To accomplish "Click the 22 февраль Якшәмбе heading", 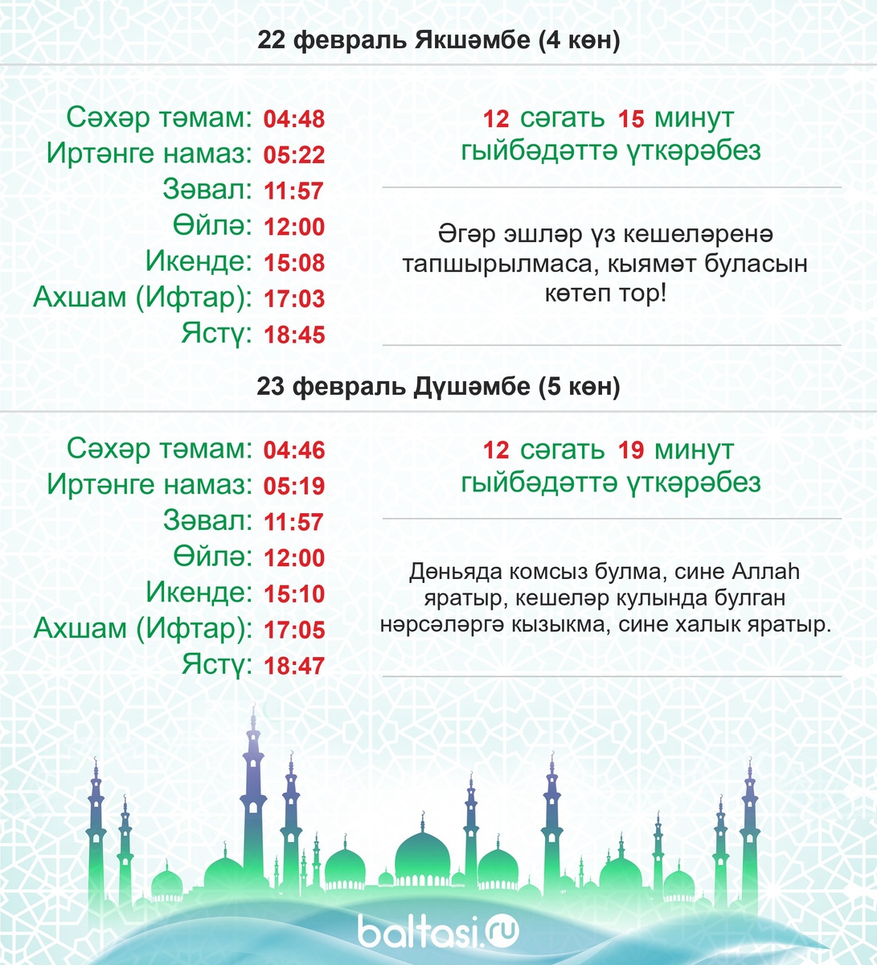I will [x=438, y=42].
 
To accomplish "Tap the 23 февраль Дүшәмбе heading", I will [x=438, y=387].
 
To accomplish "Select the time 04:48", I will [x=294, y=120].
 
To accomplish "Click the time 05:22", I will [x=294, y=155].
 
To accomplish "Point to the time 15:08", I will [x=294, y=263].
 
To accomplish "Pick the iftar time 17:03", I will [x=294, y=299].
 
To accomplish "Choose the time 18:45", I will [x=294, y=335].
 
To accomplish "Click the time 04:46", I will [x=294, y=450].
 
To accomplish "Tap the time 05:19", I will [x=294, y=486].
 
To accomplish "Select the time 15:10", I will [x=294, y=594].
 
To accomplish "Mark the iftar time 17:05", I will [x=294, y=630].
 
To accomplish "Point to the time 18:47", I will [x=294, y=666].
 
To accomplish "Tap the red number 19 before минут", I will [x=631, y=450].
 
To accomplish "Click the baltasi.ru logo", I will [x=438, y=931].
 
